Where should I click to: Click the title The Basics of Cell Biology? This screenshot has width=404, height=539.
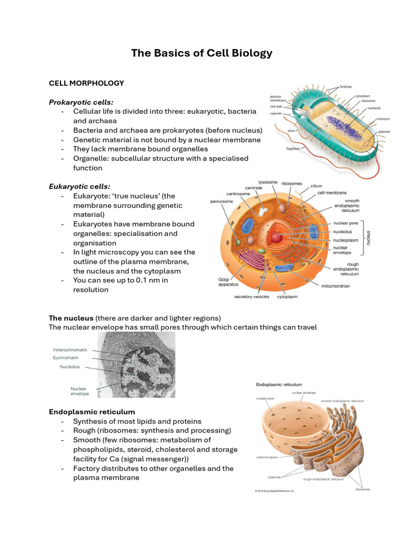pos(202,53)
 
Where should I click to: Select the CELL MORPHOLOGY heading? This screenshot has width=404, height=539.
pos(86,83)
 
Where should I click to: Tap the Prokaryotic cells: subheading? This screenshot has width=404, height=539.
pos(81,102)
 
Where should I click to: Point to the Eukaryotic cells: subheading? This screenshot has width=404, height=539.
pos(79,186)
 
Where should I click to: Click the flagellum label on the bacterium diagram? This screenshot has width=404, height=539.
pos(293,149)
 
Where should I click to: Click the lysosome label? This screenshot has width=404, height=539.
pos(268,182)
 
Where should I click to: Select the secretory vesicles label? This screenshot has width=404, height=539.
pos(251,296)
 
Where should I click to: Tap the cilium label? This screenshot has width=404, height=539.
pos(316,186)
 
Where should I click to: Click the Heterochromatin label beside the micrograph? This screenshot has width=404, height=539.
pos(70,350)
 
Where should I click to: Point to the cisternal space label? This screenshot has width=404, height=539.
pos(266,456)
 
